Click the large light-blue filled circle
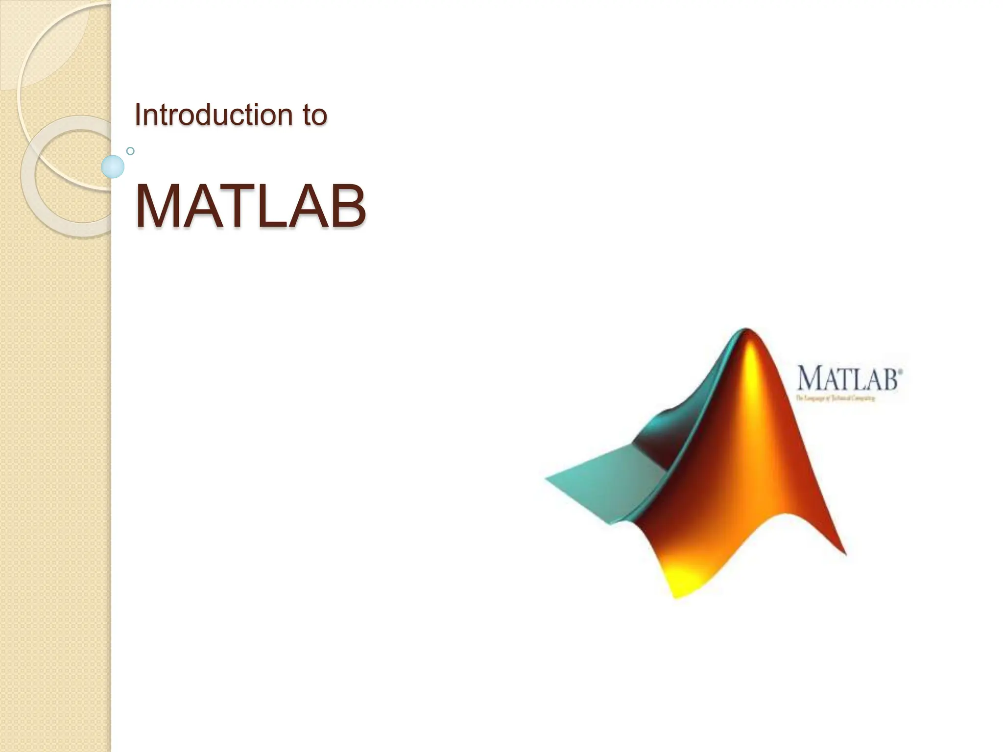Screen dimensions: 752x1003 pyautogui.click(x=113, y=166)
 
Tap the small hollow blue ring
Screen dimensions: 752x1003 pyautogui.click(x=130, y=151)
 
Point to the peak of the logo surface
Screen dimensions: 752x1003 pyautogui.click(x=745, y=331)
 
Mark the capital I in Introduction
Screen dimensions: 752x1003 pyautogui.click(x=138, y=115)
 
